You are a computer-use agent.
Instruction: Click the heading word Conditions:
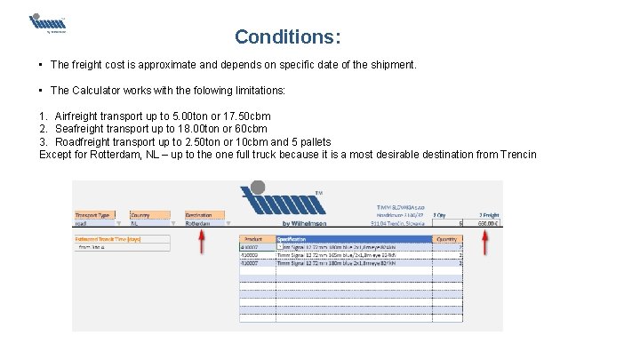click(287, 37)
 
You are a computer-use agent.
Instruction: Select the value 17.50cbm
click(248, 116)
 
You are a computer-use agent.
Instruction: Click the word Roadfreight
click(84, 142)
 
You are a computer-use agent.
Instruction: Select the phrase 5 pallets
click(310, 142)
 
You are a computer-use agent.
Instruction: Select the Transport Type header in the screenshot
click(92, 215)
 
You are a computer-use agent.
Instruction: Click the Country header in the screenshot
click(140, 215)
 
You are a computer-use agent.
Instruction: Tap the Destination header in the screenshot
click(198, 215)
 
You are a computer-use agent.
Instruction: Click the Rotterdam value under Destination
click(199, 224)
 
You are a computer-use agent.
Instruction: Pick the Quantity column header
click(447, 239)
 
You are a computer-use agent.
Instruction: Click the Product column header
click(252, 239)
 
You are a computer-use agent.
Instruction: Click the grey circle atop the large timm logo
click(258, 188)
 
